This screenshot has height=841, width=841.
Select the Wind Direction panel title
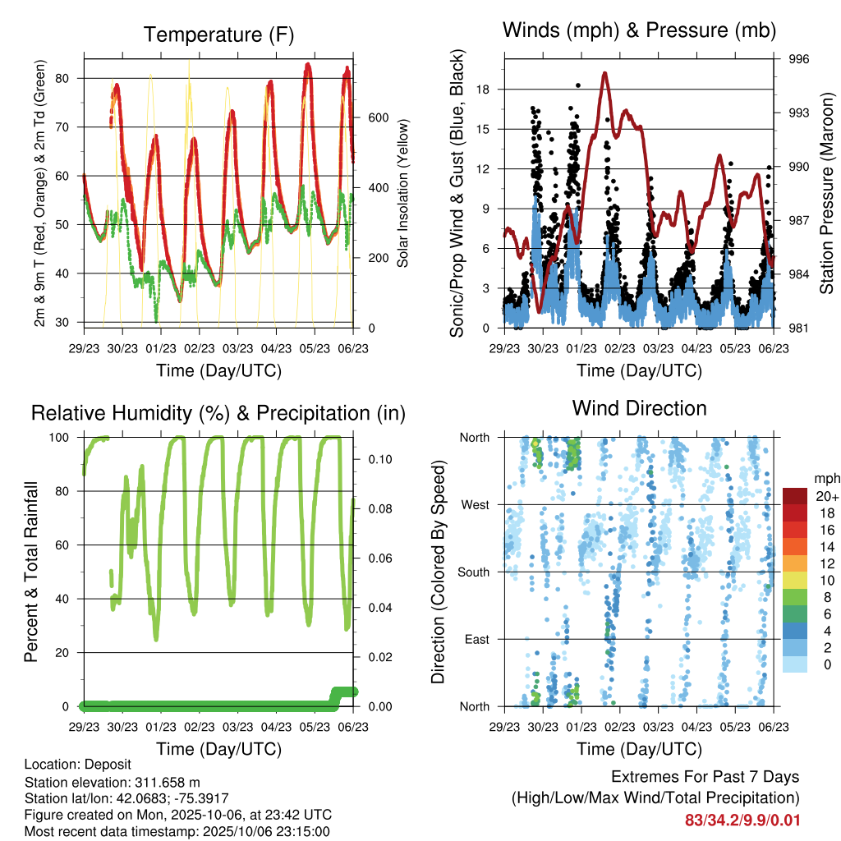639,407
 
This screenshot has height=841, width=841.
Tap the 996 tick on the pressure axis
799,59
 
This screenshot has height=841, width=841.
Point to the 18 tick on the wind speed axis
483,89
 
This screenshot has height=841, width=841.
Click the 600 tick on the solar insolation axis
377,117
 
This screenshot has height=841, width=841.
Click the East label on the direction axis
476,639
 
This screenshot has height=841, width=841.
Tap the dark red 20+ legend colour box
795,496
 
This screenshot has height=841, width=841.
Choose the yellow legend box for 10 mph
795,581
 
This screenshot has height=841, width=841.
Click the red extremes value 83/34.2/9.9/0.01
742,820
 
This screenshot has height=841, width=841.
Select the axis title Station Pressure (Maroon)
827,193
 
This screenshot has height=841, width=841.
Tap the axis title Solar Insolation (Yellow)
403,193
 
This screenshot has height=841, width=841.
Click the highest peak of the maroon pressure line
604,73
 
